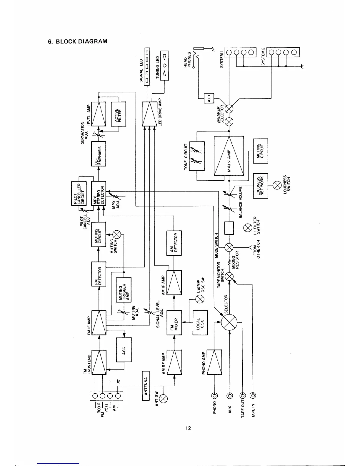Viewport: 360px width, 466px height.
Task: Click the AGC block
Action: pyautogui.click(x=124, y=350)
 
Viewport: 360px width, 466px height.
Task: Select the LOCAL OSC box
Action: pyautogui.click(x=200, y=323)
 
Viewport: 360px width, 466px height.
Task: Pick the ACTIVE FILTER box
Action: pyautogui.click(x=118, y=114)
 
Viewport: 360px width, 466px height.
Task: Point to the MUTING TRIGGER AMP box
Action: pyautogui.click(x=124, y=290)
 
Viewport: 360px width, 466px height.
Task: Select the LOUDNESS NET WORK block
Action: pyautogui.click(x=261, y=186)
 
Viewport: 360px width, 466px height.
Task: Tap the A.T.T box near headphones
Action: pyautogui.click(x=209, y=98)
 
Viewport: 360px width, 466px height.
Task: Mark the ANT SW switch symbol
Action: pyautogui.click(x=164, y=399)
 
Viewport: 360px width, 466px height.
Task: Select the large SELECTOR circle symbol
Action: pyautogui.click(x=229, y=322)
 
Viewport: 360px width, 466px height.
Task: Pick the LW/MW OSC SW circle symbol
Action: pyautogui.click(x=200, y=300)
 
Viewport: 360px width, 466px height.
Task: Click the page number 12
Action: pyautogui.click(x=188, y=428)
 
